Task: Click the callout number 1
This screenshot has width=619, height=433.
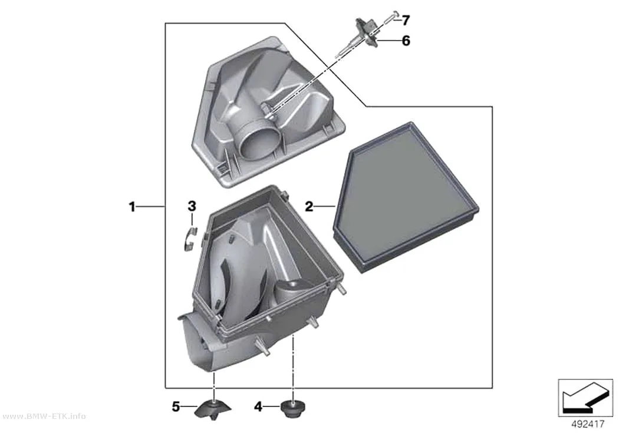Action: click(x=132, y=206)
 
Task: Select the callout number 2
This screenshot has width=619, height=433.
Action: click(x=309, y=206)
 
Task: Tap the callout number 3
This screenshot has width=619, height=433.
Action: click(x=192, y=206)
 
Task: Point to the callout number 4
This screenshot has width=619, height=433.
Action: click(x=258, y=406)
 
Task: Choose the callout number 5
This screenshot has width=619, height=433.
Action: click(x=176, y=406)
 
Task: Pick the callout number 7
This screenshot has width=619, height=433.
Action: click(x=406, y=20)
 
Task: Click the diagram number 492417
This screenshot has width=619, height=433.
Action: click(x=588, y=424)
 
